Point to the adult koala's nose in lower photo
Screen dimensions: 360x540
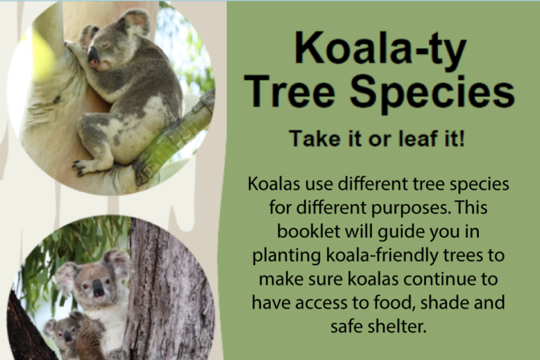click(x=98, y=288)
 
